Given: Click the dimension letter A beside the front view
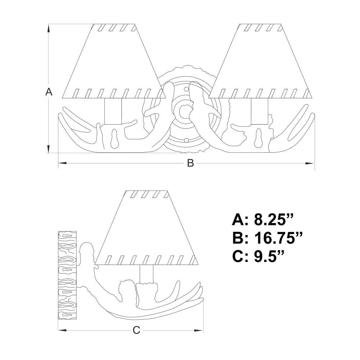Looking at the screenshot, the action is point(49,92).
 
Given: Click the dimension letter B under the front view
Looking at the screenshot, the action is point(190,163).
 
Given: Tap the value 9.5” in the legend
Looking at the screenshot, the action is point(269,256).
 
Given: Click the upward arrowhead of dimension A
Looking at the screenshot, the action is point(49,29).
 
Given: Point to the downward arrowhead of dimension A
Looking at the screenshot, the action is point(49,148).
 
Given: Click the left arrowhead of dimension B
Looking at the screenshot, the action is point(63,163).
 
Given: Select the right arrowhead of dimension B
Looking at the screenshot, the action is point(310,163).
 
